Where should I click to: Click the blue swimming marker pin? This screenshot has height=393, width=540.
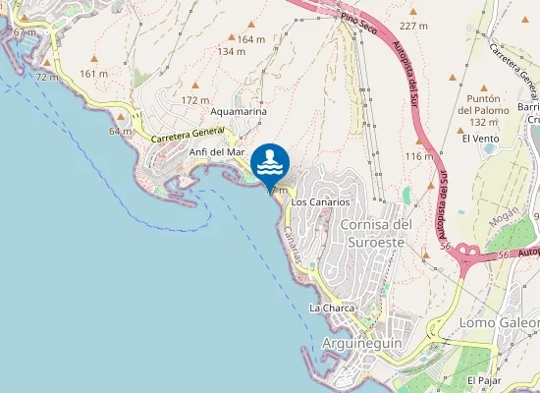(269, 161)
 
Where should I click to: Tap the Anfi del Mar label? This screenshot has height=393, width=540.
(217, 152)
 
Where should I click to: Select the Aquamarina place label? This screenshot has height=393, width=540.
(239, 112)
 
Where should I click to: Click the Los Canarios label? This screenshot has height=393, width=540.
(320, 201)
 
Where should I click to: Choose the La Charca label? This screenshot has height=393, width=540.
(331, 308)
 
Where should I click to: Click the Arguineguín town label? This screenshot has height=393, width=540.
(356, 343)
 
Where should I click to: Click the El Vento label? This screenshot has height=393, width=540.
(480, 139)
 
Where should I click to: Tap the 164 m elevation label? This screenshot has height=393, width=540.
(251, 39)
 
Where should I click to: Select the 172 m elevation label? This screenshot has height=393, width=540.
(196, 100)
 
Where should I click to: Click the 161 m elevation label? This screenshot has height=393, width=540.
(94, 74)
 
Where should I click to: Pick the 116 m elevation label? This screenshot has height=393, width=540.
(418, 156)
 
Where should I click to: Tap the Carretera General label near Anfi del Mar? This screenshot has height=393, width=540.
(188, 136)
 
